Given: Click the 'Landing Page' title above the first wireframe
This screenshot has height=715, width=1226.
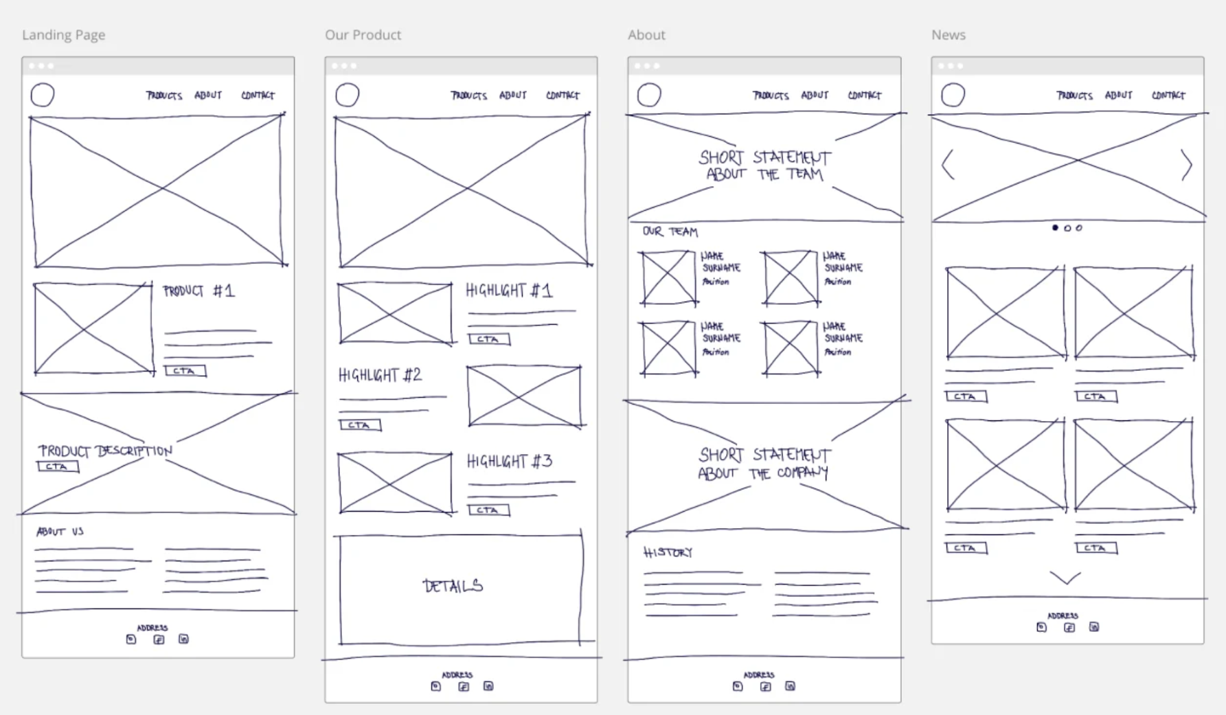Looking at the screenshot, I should point(63,35).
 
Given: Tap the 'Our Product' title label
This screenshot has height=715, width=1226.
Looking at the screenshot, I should point(363,35).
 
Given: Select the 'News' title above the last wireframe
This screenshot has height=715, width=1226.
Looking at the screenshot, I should point(948,35).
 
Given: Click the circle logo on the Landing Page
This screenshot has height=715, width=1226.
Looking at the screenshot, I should point(43,95).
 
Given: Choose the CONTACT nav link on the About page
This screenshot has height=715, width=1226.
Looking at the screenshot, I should point(864,95).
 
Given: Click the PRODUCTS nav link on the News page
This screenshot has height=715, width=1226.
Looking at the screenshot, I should point(1074,95).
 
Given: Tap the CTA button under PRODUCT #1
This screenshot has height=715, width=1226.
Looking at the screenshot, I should point(185,371).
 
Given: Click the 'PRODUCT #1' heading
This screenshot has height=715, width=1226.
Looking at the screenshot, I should point(198,291).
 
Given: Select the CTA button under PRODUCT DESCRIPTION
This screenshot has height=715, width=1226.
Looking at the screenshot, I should point(58,467).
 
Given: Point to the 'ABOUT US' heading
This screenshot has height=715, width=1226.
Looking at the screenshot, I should point(60,532).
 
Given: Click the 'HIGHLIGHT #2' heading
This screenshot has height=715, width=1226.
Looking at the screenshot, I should point(380,375).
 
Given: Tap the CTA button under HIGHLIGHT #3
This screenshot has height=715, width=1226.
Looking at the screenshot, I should point(488,510).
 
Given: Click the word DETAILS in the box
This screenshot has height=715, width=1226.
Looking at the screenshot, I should point(453,586).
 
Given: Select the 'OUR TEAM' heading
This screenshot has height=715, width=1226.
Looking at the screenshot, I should point(670,231).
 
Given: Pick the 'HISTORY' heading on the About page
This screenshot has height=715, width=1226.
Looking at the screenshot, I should point(668,552).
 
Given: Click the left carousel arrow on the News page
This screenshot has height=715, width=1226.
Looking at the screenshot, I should point(948,165).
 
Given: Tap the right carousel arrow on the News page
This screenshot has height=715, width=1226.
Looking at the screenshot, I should point(1186,165).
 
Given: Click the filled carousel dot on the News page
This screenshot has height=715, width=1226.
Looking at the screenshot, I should point(1055,227).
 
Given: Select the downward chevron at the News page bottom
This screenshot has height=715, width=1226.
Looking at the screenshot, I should point(1065,578).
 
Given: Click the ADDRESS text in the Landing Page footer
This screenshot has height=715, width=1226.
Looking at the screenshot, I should point(152,628).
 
